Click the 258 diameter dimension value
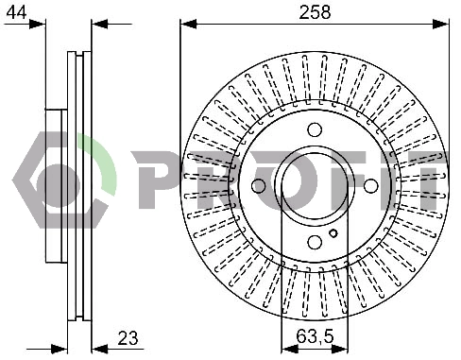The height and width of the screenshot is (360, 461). pyautogui.click(x=315, y=12)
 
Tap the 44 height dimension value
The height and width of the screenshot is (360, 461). pyautogui.click(x=16, y=12)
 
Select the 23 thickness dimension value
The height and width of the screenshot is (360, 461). pyautogui.click(x=128, y=338)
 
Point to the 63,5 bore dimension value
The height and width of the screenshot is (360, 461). pyautogui.click(x=315, y=336)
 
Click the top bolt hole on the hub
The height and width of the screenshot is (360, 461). pyautogui.click(x=315, y=129)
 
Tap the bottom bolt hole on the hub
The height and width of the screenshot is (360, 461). pyautogui.click(x=315, y=242)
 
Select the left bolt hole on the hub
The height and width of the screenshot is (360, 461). pyautogui.click(x=259, y=186)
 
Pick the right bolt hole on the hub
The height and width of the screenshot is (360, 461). pyautogui.click(x=370, y=186)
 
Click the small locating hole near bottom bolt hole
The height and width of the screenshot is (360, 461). pyautogui.click(x=333, y=233)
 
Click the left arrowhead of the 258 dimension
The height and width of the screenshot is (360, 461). pyautogui.click(x=188, y=24)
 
